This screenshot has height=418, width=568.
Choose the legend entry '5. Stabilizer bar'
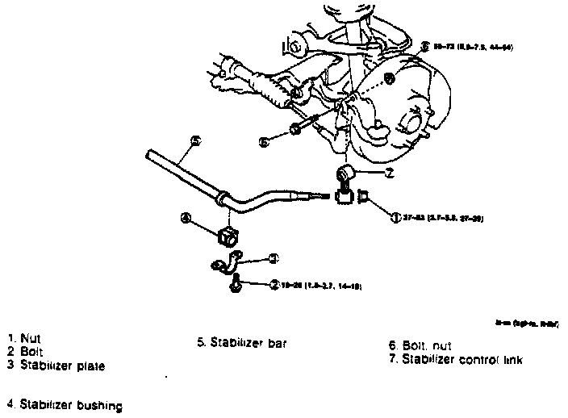pyautogui.click(x=242, y=342)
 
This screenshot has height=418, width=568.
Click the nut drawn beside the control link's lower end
pyautogui.click(x=362, y=194)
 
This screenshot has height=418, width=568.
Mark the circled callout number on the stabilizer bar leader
pyautogui.click(x=194, y=140)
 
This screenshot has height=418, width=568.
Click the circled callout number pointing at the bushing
pyautogui.click(x=186, y=218)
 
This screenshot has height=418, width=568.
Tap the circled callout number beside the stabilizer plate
pyautogui.click(x=274, y=258)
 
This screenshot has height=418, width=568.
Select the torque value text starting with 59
pyautogui.click(x=468, y=47)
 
